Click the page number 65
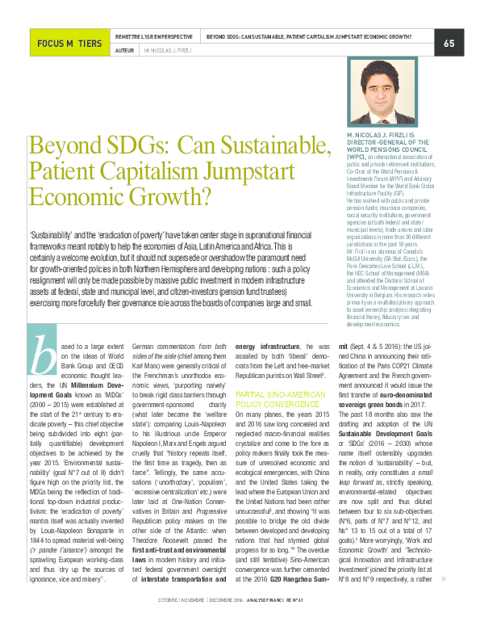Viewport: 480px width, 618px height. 449,43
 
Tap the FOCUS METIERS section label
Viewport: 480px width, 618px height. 68,44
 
